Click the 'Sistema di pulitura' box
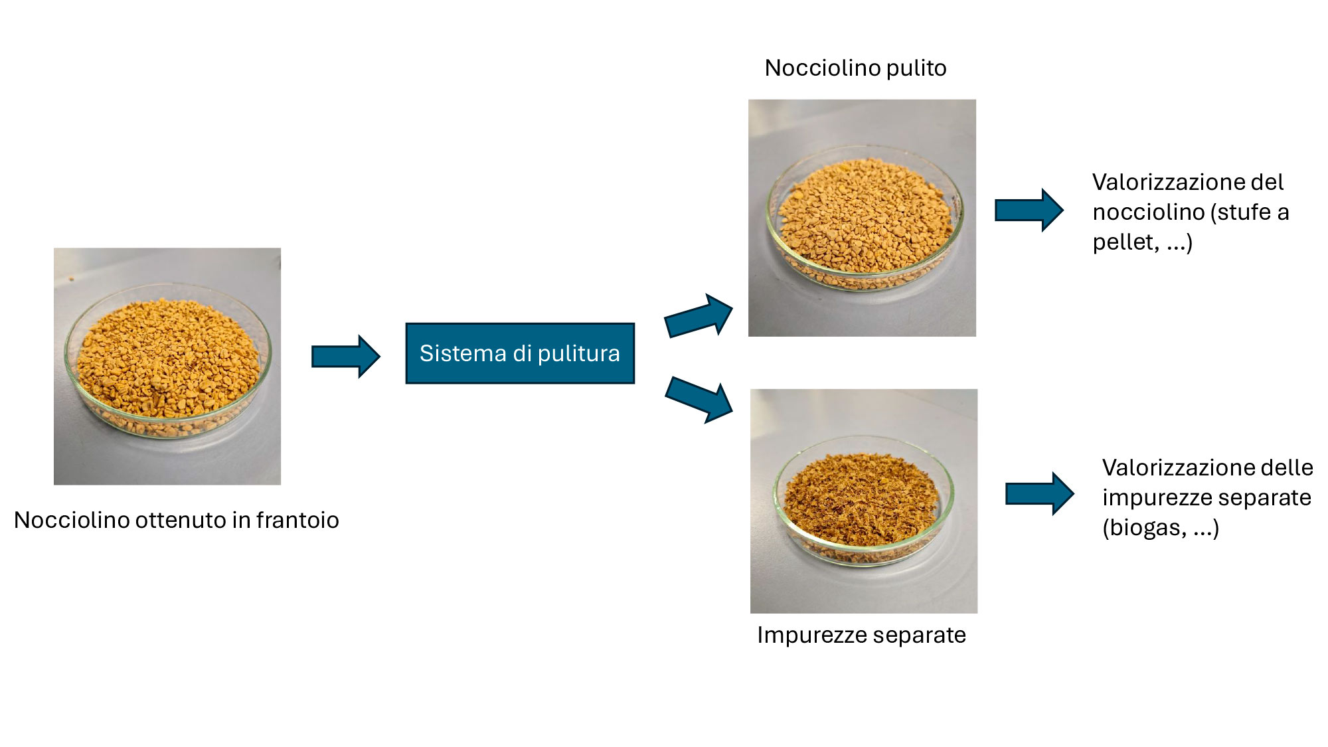coord(520,353)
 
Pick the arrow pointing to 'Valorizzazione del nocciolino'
coord(1029,210)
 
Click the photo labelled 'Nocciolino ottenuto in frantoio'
coord(167,366)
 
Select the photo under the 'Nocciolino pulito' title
coord(862,218)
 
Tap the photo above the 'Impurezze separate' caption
coord(863,501)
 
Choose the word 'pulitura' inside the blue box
coord(578,354)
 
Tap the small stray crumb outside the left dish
coord(71,279)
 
